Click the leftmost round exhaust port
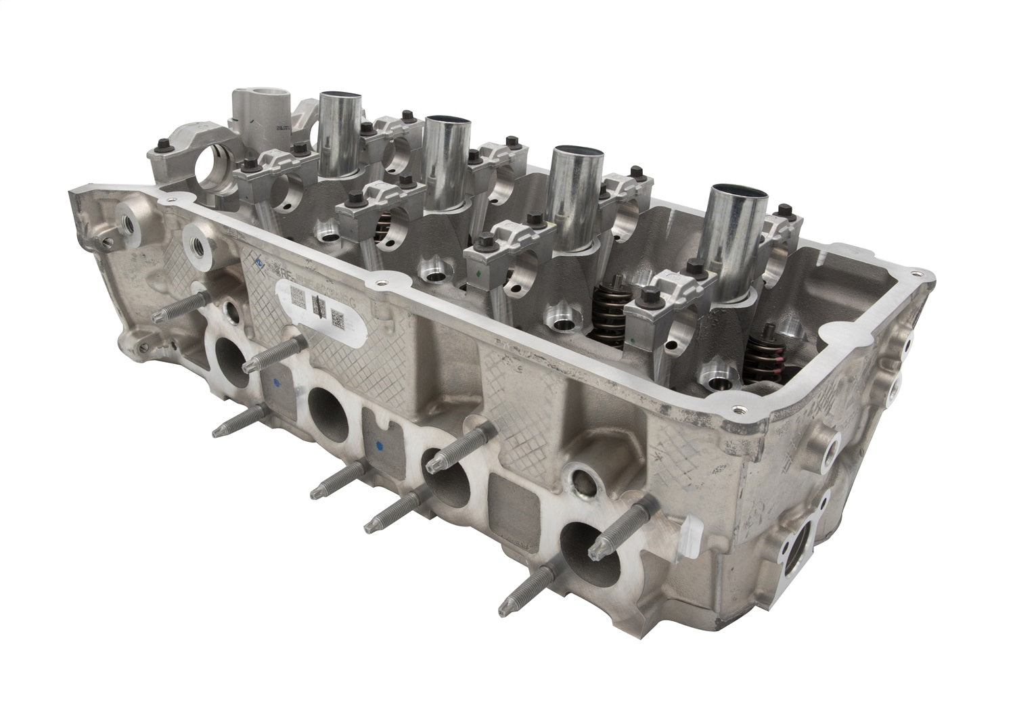coord(231,355)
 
